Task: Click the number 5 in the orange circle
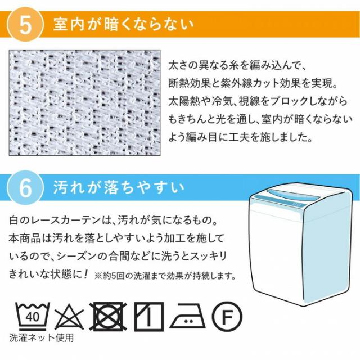(x=25, y=26)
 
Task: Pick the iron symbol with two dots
(x=186, y=318)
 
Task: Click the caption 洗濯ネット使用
(x=41, y=339)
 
